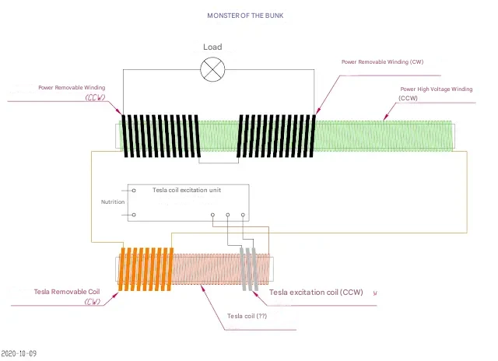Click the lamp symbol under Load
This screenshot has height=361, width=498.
[x=212, y=70]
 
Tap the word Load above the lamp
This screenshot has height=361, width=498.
[x=212, y=47]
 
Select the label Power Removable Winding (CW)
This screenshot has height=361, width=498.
[x=383, y=61]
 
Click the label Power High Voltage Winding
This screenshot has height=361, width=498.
[x=437, y=89]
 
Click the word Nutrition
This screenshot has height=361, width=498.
[x=113, y=202]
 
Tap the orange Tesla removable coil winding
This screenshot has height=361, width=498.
[x=146, y=268]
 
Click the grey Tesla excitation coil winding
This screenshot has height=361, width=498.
[x=250, y=269]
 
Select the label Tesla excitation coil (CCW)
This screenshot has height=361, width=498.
[x=316, y=293]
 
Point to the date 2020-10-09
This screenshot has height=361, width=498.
[x=19, y=354]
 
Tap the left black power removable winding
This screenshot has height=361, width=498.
[x=161, y=135]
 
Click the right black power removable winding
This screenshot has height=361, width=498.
[x=276, y=135]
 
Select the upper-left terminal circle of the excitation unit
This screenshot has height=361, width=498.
[x=134, y=190]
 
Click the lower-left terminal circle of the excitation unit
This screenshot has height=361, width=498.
[x=134, y=215]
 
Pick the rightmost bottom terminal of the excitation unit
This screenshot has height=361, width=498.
[x=243, y=215]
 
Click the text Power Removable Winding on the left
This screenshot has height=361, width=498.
[x=72, y=88]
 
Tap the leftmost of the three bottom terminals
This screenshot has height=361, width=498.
[x=212, y=215]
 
